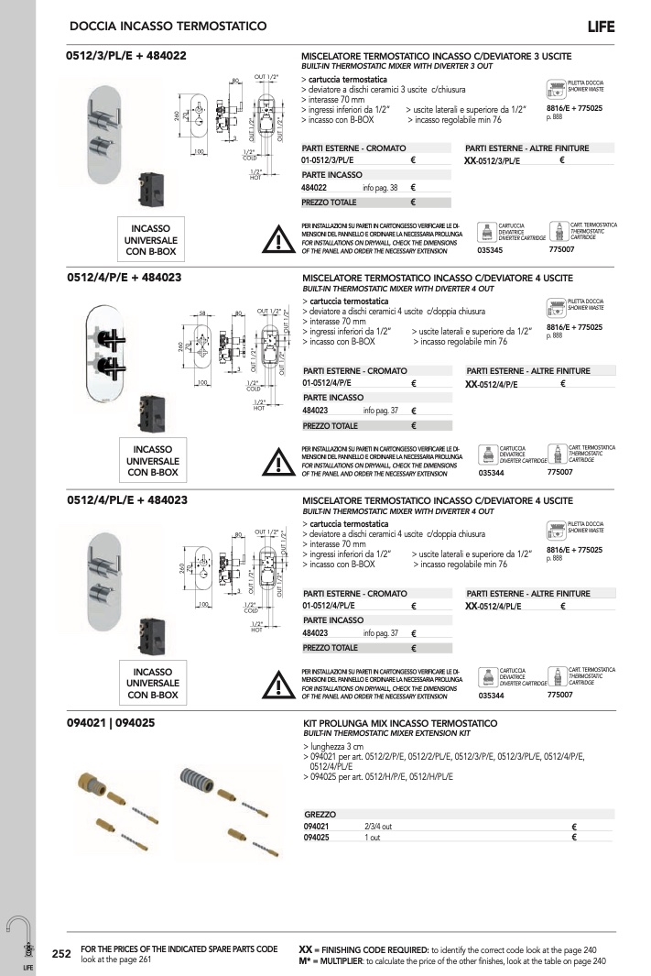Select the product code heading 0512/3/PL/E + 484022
tap(126, 56)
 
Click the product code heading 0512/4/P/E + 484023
tap(127, 278)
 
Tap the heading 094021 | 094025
tap(111, 723)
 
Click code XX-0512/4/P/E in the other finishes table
tap(505, 383)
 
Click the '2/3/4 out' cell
tap(378, 826)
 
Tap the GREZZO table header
tap(320, 814)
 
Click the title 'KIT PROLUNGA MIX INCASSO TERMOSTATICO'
tap(399, 723)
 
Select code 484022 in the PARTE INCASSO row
tap(315, 188)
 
